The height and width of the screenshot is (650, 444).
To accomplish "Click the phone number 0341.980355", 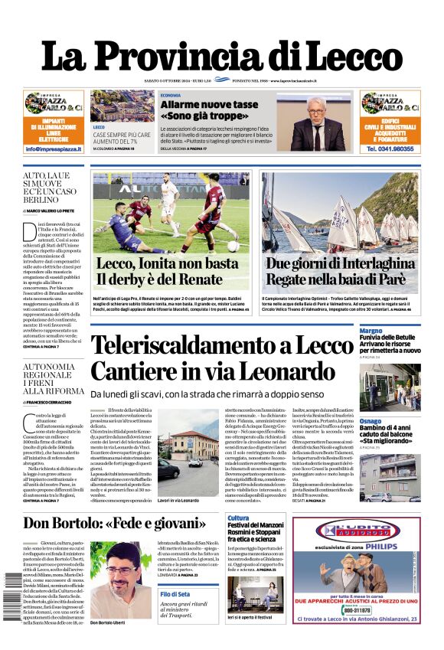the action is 390,149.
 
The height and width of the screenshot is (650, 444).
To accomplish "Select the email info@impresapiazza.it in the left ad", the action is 54,149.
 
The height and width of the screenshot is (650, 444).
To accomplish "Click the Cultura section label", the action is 238,518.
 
